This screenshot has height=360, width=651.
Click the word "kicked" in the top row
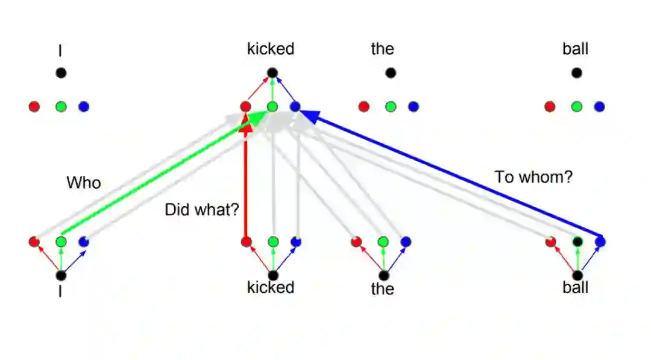point(271,49)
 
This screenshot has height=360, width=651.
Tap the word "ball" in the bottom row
point(575,288)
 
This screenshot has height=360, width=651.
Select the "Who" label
point(84,183)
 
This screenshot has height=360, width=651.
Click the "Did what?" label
point(202,210)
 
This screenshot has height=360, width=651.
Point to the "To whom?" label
point(533,177)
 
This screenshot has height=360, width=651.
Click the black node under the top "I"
point(60,73)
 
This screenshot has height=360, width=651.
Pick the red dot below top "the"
point(363,107)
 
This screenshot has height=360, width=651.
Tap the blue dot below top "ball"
point(599,107)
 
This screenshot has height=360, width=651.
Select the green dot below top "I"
point(60,107)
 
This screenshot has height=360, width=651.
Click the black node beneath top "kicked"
point(272,73)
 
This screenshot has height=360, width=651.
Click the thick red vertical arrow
point(246,181)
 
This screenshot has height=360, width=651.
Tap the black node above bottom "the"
point(383,276)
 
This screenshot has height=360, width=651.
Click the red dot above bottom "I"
point(34,242)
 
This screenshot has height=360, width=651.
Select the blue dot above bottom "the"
point(406,242)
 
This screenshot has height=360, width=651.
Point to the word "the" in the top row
point(382,49)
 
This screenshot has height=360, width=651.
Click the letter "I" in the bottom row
point(60,292)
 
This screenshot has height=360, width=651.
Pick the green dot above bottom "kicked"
point(272,242)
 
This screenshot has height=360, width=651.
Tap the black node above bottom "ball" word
point(577,276)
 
